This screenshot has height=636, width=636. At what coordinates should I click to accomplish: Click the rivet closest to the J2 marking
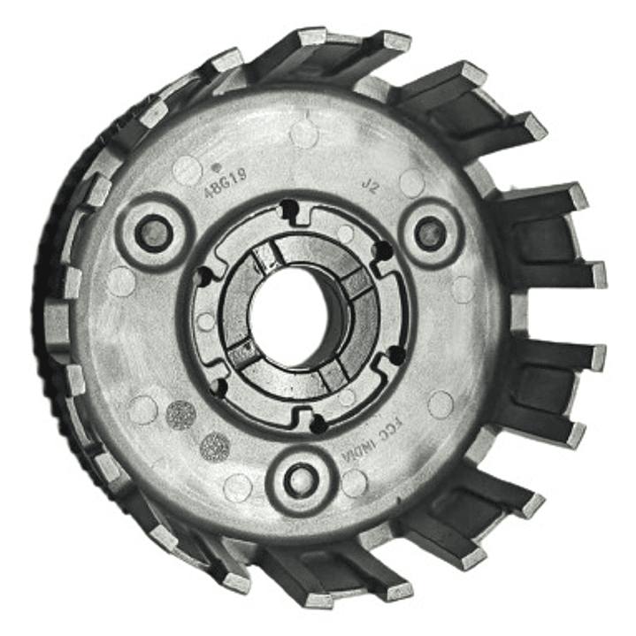pyautogui.click(x=432, y=234)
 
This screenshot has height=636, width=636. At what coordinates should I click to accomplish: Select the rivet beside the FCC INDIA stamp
pyautogui.click(x=301, y=480)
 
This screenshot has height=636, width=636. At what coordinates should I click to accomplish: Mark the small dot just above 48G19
pyautogui.click(x=217, y=164)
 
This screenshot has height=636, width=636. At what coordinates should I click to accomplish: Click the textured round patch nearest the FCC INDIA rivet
pyautogui.click(x=215, y=447)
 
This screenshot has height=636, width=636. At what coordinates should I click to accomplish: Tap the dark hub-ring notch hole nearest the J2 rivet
pyautogui.click(x=382, y=251)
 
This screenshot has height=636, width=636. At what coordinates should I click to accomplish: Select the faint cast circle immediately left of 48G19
pyautogui.click(x=187, y=169)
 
